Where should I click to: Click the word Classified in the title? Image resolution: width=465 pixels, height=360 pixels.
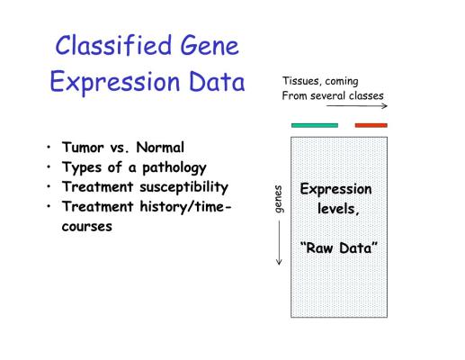coord(113,45)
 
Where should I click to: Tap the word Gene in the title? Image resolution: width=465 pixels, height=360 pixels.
coord(210,45)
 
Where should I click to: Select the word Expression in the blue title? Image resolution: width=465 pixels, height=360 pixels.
coord(115,82)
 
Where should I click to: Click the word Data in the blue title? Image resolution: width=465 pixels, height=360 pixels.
coord(217,81)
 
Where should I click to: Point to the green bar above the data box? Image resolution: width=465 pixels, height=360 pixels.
coord(315,125)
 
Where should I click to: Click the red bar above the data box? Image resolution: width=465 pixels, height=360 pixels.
coord(371,125)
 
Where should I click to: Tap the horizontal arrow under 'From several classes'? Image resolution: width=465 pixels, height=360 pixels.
coord(357,105)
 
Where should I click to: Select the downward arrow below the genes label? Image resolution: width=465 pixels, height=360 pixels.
coord(279,243)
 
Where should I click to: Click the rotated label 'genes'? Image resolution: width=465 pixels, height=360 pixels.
coord(279,199)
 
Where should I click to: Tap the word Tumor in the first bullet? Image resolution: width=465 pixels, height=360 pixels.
coord(83,148)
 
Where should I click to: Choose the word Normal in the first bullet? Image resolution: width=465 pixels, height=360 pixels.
coord(160,148)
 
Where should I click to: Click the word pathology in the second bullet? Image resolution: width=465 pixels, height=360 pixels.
coord(174,168)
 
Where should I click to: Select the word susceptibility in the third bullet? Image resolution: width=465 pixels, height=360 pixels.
coord(184,187)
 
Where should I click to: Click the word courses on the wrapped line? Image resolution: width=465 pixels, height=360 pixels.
coord(87,227)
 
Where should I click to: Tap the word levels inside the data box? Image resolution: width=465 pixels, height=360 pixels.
coord(338,209)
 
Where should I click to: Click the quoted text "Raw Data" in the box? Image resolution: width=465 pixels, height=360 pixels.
coord(339,248)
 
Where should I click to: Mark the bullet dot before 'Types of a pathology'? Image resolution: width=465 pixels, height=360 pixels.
coord(49,166)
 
